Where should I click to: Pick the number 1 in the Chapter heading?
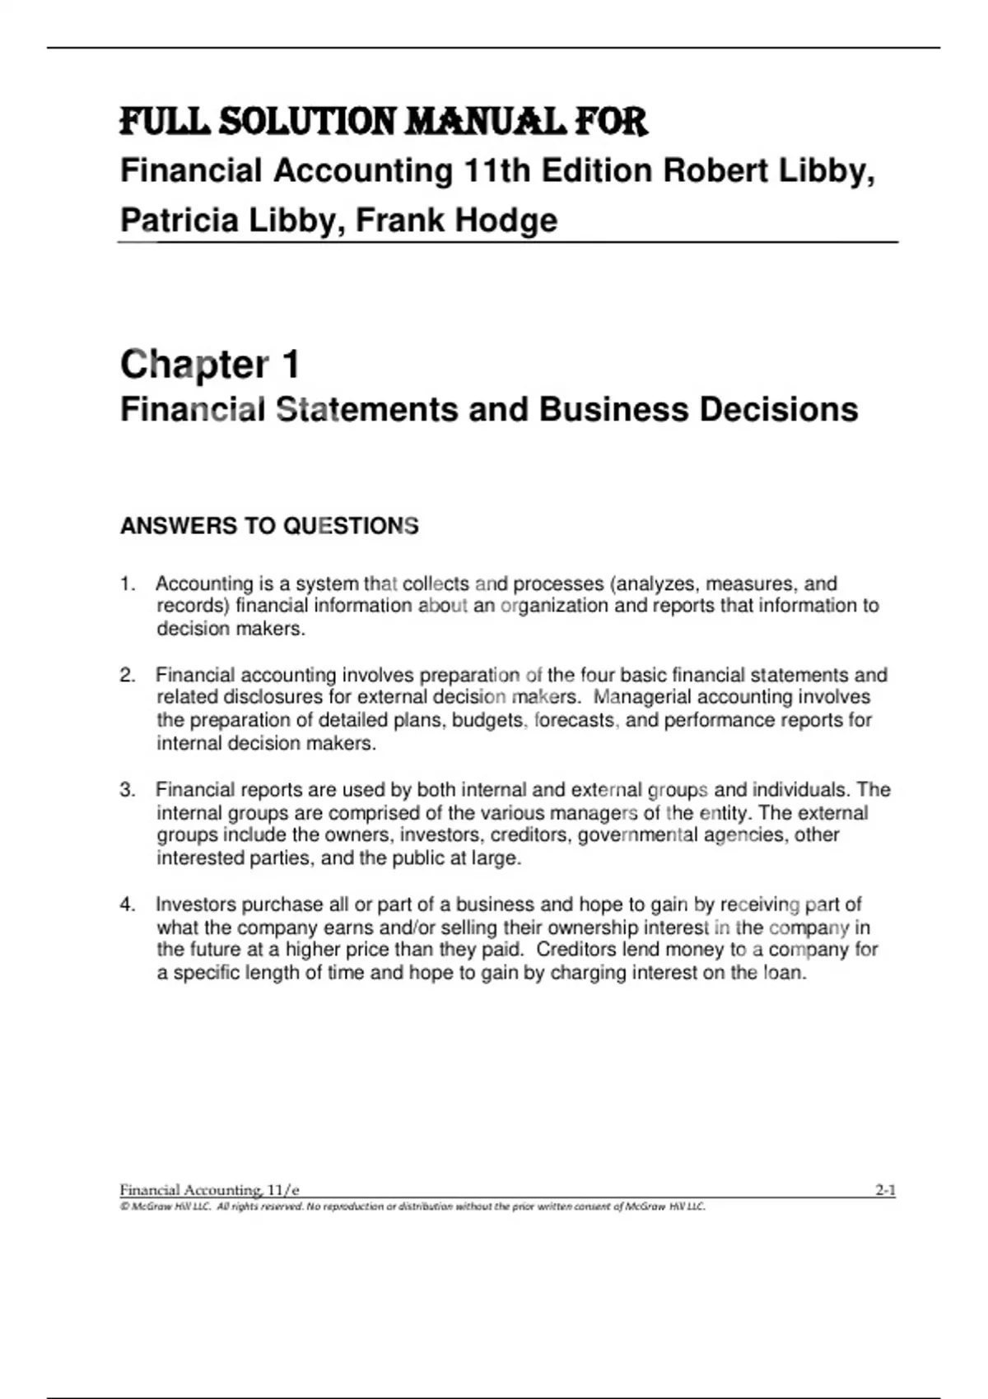[290, 365]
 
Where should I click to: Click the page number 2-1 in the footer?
[885, 1190]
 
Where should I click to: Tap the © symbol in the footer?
[124, 1207]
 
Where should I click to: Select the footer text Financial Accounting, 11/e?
[209, 1190]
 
